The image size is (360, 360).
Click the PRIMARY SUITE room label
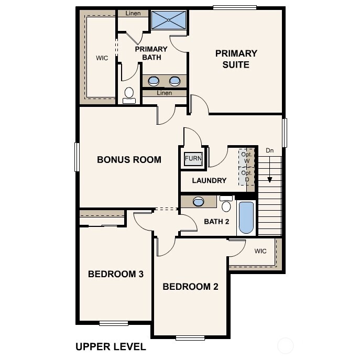click(x=236, y=59)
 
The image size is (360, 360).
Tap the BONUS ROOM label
click(x=129, y=160)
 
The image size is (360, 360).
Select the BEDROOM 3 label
click(x=116, y=274)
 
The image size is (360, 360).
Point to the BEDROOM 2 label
click(x=190, y=287)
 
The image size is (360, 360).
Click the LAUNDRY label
click(x=209, y=180)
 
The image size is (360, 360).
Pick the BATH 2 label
click(x=216, y=221)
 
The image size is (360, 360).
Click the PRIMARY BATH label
click(x=151, y=53)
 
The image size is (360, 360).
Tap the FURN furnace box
click(x=193, y=159)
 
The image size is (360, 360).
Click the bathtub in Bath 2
click(x=246, y=217)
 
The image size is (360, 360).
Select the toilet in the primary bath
click(x=129, y=95)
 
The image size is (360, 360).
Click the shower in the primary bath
click(x=169, y=21)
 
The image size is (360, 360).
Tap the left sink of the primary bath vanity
click(x=155, y=81)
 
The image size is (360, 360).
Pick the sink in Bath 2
click(x=199, y=200)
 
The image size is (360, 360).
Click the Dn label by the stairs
click(x=270, y=151)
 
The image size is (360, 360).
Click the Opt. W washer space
click(x=247, y=157)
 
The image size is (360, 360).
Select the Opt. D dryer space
click(x=247, y=176)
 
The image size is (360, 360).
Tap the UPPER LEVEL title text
click(x=111, y=346)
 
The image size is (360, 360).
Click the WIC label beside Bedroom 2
click(x=260, y=251)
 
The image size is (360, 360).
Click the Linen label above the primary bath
click(x=133, y=13)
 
